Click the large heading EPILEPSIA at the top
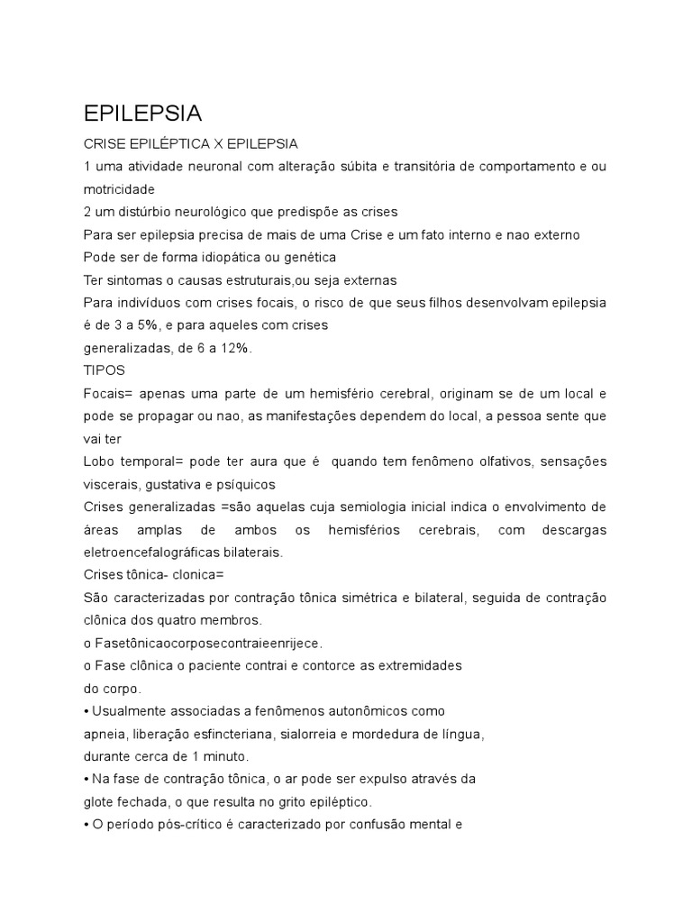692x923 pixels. point(142,114)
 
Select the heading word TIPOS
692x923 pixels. point(104,370)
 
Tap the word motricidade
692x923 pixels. point(119,189)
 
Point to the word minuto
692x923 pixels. point(227,756)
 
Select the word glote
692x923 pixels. point(100,801)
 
